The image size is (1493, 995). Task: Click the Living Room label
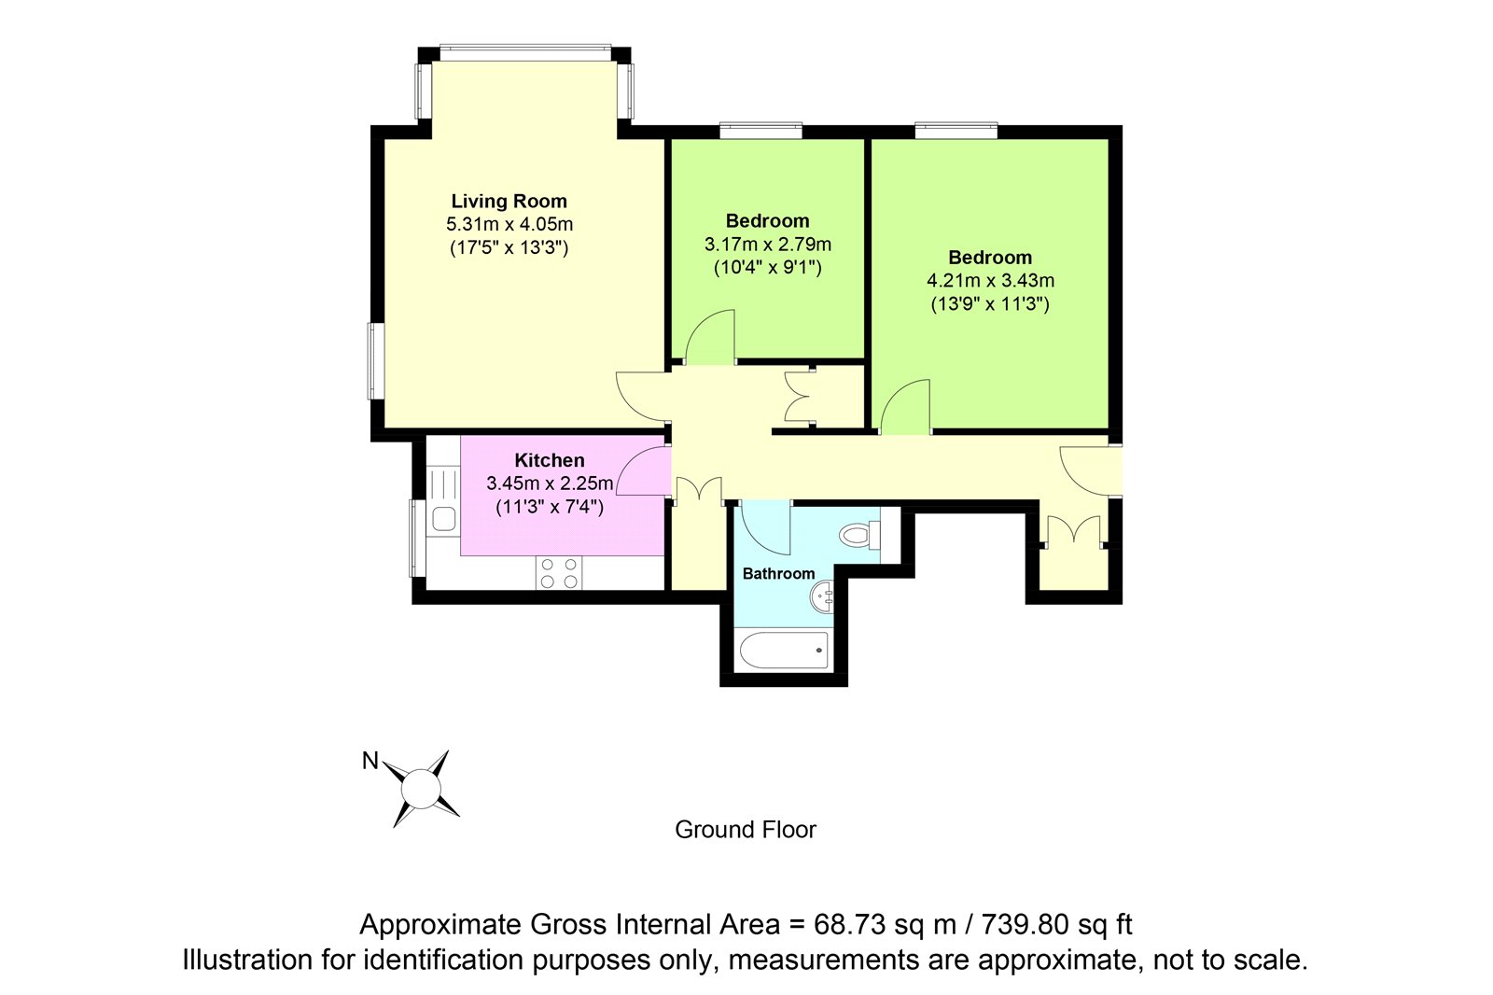509,201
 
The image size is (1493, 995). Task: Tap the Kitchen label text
550,460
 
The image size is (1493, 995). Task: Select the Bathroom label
778,573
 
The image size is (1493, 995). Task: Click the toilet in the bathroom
859,535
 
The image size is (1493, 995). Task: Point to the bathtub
784,651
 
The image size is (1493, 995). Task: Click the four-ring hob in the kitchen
559,573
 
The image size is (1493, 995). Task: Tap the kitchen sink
443,518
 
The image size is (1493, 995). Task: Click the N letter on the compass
370,761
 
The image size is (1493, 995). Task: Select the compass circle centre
421,789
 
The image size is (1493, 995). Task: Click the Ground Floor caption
746,830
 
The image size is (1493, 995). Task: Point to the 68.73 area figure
850,925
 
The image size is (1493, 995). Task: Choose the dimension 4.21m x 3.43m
990,281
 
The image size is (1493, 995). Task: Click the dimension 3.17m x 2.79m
768,244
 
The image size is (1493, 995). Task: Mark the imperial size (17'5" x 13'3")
509,248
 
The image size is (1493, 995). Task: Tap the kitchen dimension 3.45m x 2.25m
550,483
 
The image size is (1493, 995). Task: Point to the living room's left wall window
377,361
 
